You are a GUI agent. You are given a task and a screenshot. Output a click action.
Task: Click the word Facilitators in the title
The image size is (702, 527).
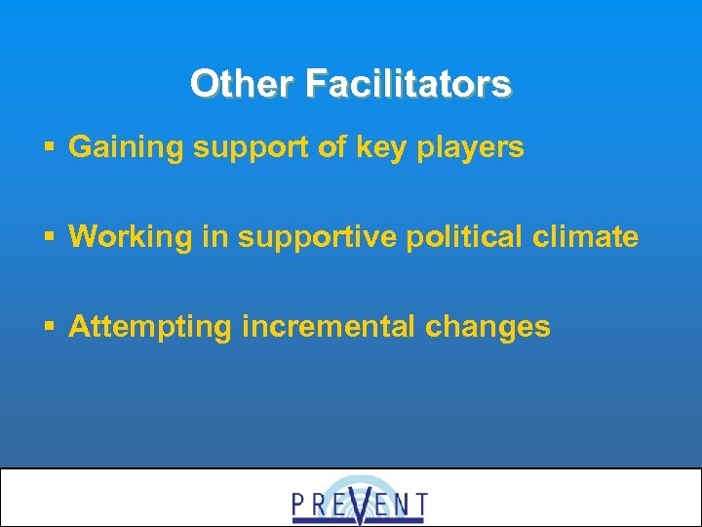(408, 84)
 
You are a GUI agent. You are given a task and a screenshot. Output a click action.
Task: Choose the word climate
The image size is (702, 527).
(589, 237)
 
